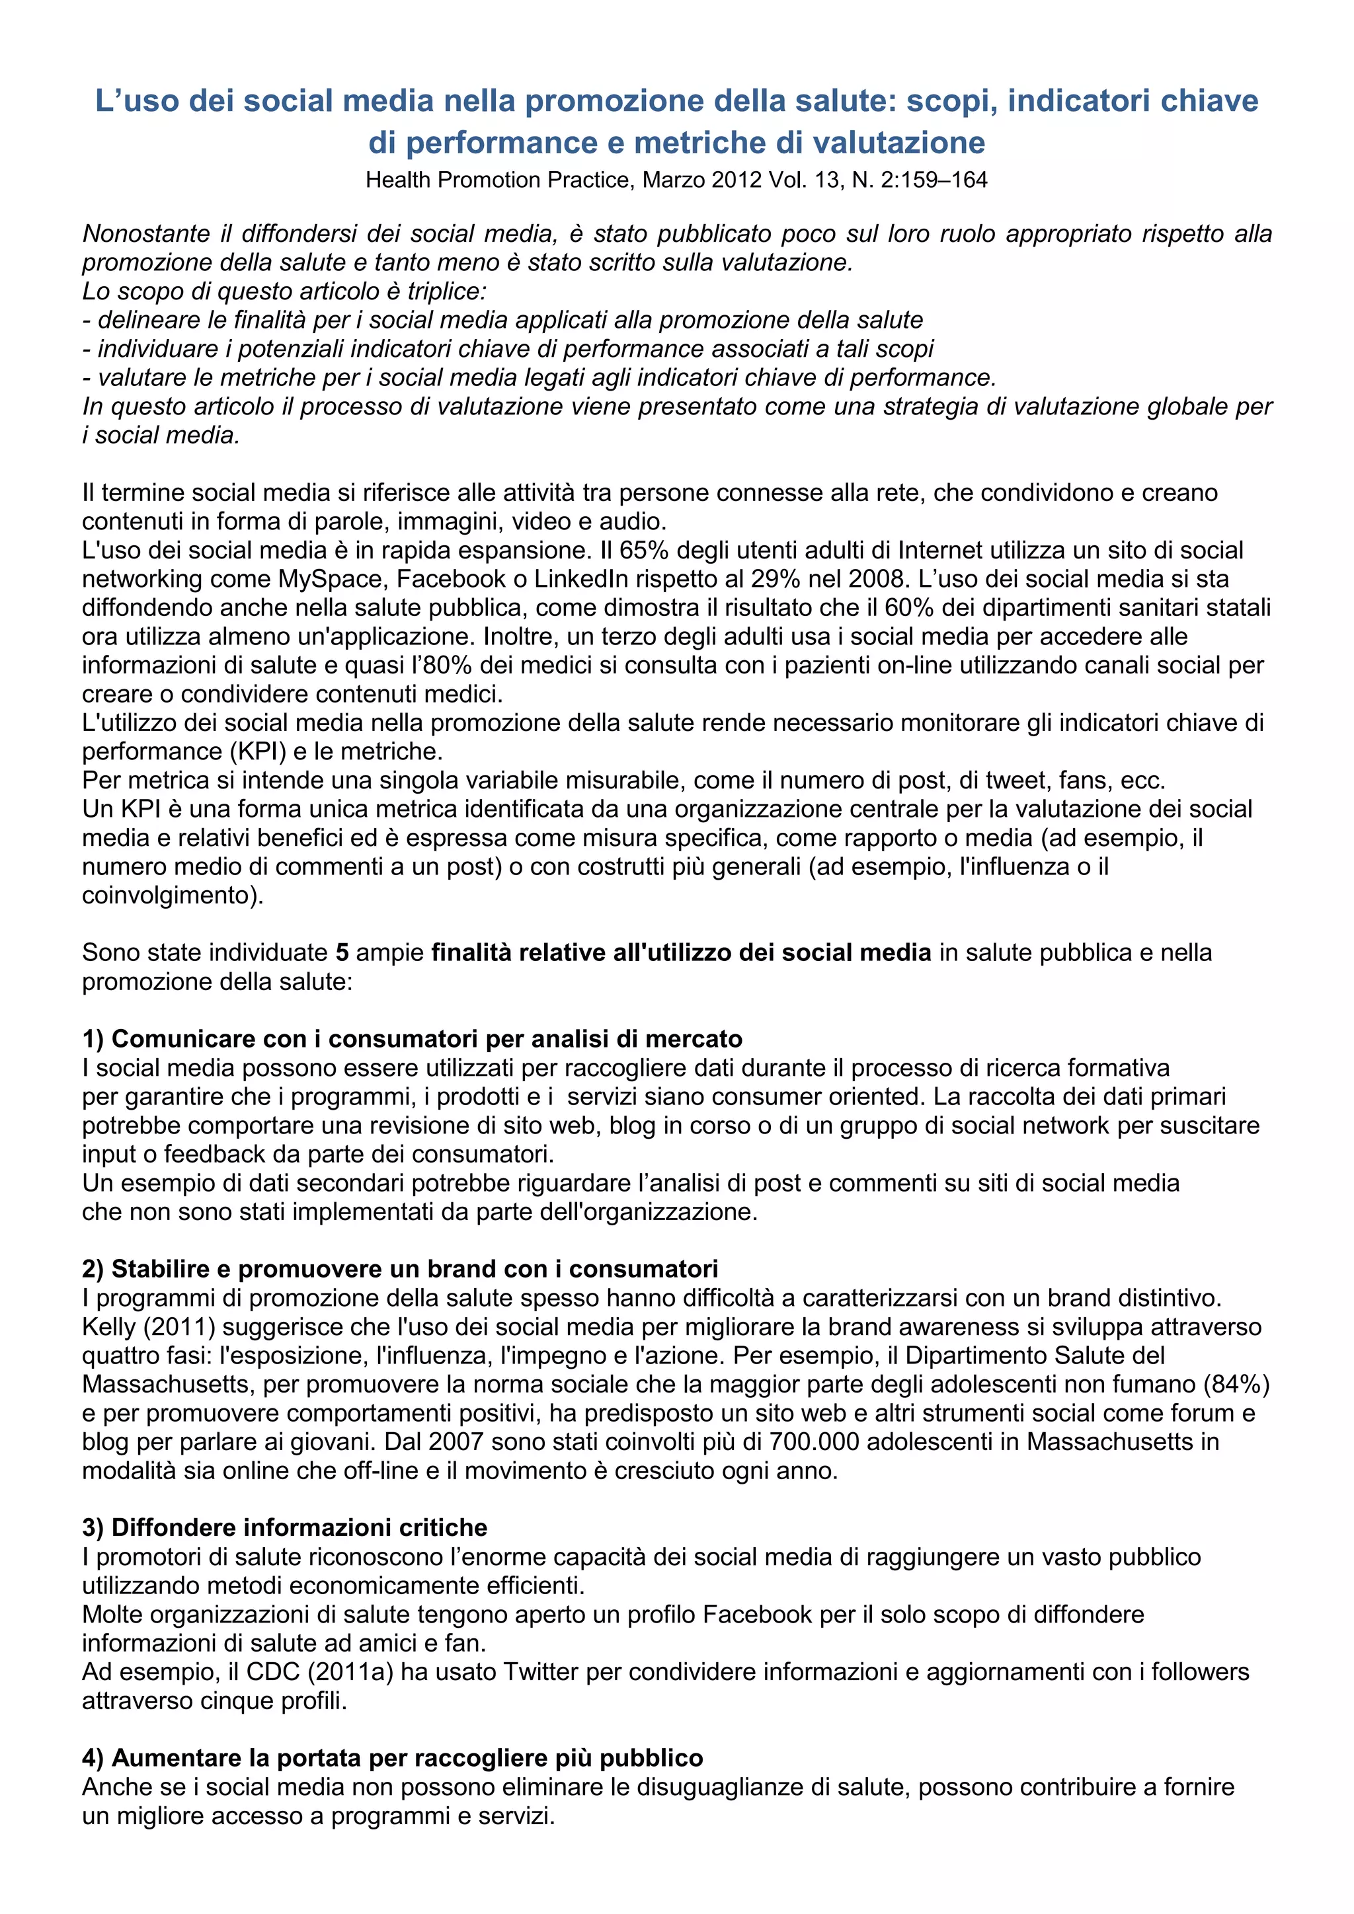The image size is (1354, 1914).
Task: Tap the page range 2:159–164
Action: click(x=934, y=180)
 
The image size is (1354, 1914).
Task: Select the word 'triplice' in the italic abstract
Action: click(x=446, y=291)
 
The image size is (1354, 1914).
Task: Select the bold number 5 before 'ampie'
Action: click(x=342, y=953)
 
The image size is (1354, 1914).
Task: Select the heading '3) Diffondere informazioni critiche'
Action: click(x=284, y=1528)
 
